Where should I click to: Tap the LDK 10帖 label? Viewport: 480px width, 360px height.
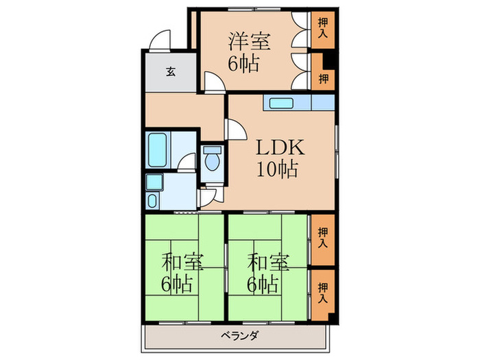click(x=278, y=158)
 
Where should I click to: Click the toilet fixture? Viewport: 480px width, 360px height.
click(x=212, y=158)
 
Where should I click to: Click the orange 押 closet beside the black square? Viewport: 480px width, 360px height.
click(x=322, y=78)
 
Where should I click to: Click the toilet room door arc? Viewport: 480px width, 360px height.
click(x=210, y=195)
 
